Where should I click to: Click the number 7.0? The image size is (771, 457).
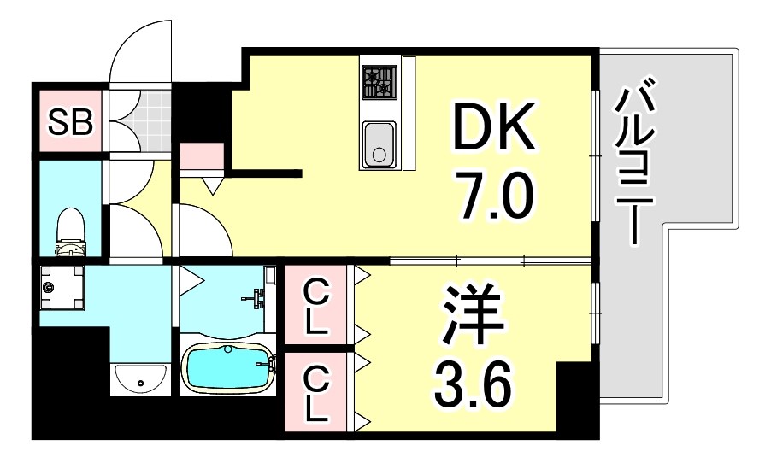tap(493, 196)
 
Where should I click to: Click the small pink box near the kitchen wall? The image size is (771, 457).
tap(202, 156)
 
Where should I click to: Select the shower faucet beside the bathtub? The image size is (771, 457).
tap(256, 301)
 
